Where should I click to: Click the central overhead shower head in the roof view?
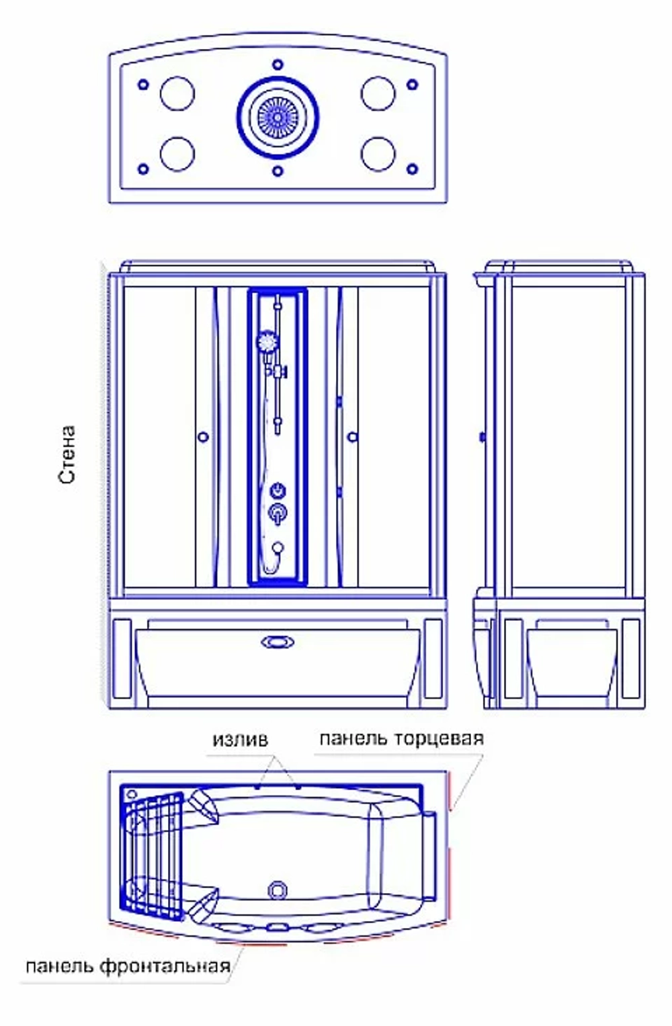click(x=278, y=118)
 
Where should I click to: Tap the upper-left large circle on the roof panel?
click(x=177, y=93)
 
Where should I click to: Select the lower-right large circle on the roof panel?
click(x=378, y=154)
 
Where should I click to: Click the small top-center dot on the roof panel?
click(x=278, y=64)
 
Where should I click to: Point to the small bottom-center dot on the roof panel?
click(x=278, y=171)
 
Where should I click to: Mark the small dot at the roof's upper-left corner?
click(x=143, y=84)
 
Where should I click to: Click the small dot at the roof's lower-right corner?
click(x=412, y=169)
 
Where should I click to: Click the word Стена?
click(x=67, y=454)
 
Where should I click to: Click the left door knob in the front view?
click(x=204, y=437)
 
